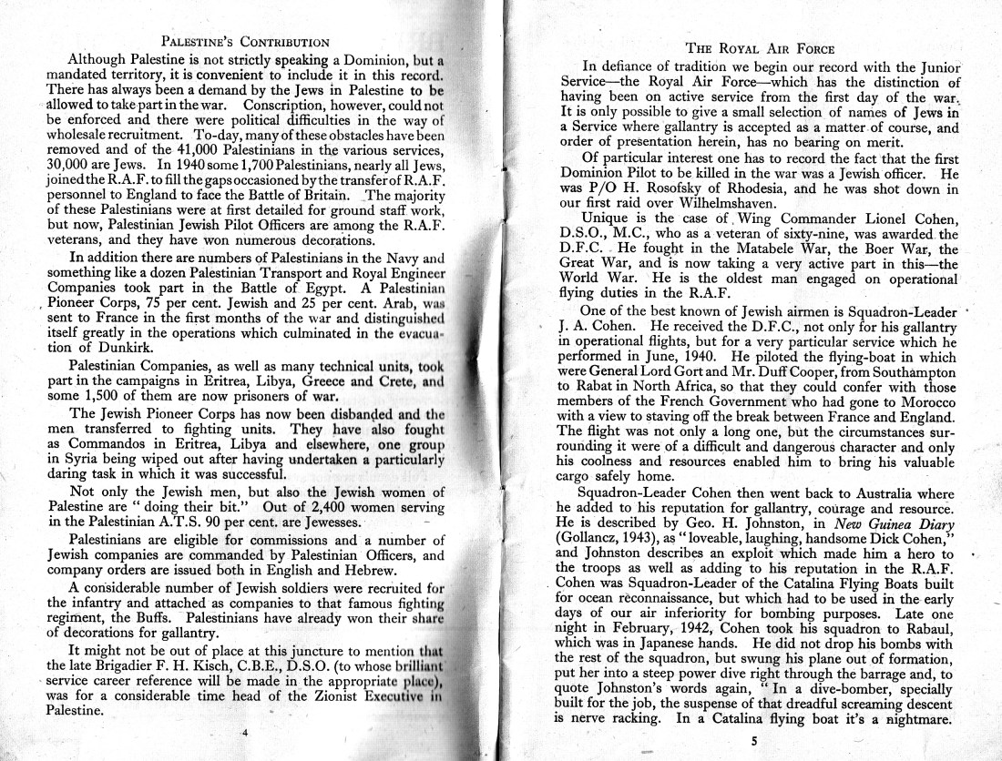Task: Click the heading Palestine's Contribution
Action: (x=244, y=41)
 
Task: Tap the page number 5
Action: (x=753, y=740)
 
